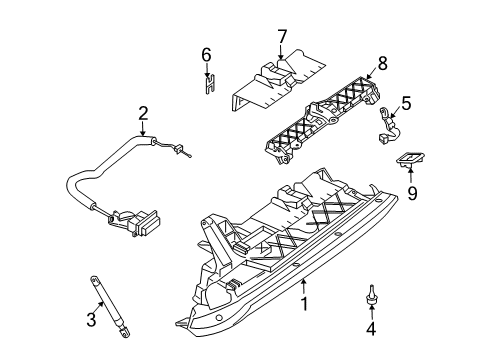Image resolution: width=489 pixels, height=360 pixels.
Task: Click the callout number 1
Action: (x=304, y=304)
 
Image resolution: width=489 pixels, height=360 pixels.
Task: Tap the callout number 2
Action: (x=143, y=114)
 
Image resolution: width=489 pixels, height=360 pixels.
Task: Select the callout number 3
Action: (x=91, y=319)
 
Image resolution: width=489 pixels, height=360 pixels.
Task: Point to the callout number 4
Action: (x=371, y=329)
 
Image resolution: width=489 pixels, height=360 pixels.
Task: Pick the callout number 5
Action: (x=407, y=103)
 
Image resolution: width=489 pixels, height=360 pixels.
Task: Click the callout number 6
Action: (x=206, y=55)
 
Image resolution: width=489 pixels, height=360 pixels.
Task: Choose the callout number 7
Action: (x=282, y=37)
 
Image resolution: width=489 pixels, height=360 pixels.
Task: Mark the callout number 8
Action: (x=383, y=63)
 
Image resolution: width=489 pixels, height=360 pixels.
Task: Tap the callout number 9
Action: (x=412, y=193)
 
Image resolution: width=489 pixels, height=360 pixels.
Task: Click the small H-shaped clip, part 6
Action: (x=210, y=84)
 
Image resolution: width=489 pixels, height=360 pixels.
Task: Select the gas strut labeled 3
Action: (x=110, y=307)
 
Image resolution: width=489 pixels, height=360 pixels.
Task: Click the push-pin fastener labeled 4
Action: (x=371, y=294)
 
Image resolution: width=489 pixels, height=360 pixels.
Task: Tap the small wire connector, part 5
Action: (x=390, y=125)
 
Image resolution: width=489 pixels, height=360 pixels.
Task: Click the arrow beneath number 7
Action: (x=281, y=52)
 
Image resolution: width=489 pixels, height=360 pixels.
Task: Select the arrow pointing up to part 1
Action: (x=303, y=287)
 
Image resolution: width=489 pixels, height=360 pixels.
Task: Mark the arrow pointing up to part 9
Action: (x=411, y=176)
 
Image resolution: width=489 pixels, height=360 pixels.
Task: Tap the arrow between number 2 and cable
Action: (x=143, y=129)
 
